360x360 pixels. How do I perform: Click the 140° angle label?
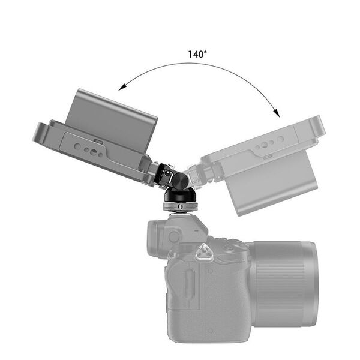pyautogui.click(x=197, y=54)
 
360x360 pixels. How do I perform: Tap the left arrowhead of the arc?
pyautogui.click(x=122, y=88)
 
